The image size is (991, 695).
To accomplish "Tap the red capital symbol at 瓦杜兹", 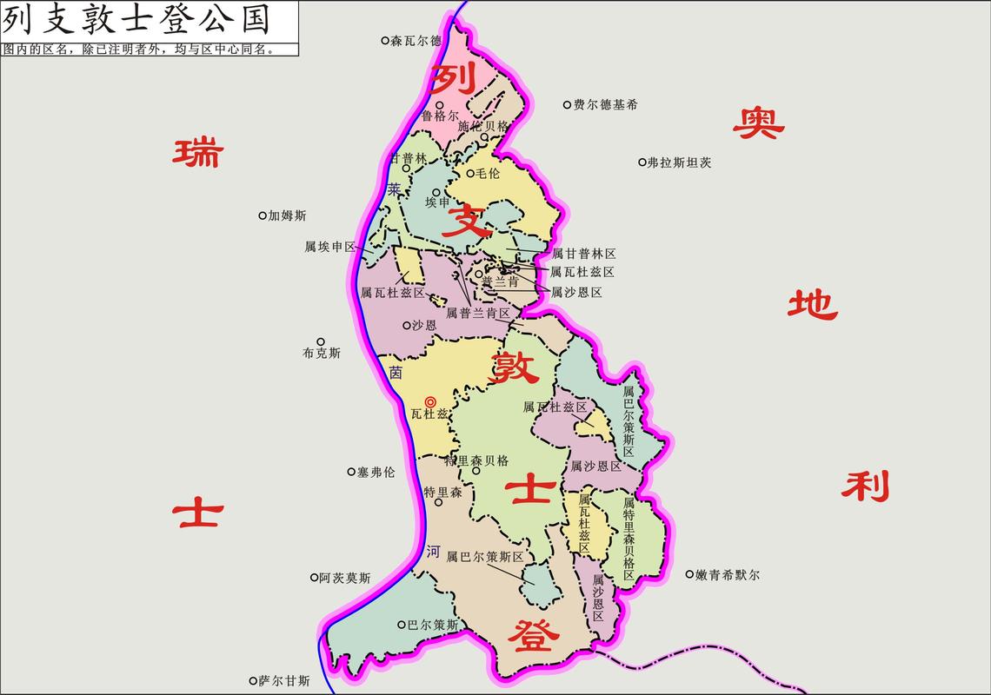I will [x=429, y=401].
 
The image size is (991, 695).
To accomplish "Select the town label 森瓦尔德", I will [x=416, y=40].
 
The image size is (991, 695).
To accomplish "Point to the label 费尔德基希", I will [x=605, y=104].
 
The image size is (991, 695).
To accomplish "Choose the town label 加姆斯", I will [x=287, y=215].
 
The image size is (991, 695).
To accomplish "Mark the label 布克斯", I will [x=322, y=354].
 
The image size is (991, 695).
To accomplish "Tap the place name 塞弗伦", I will [x=376, y=472].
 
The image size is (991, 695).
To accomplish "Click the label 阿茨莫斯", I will [x=344, y=578].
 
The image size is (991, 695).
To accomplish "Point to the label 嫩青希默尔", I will [x=728, y=574].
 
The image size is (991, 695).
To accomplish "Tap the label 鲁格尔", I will [x=440, y=115].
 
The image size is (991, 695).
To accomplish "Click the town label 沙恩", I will [x=424, y=325].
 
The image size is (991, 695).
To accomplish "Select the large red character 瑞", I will [x=197, y=153].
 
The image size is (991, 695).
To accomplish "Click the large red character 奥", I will [x=758, y=123].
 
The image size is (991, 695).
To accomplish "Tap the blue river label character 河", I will [x=434, y=551].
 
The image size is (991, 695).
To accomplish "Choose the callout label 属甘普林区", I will [x=583, y=254].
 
